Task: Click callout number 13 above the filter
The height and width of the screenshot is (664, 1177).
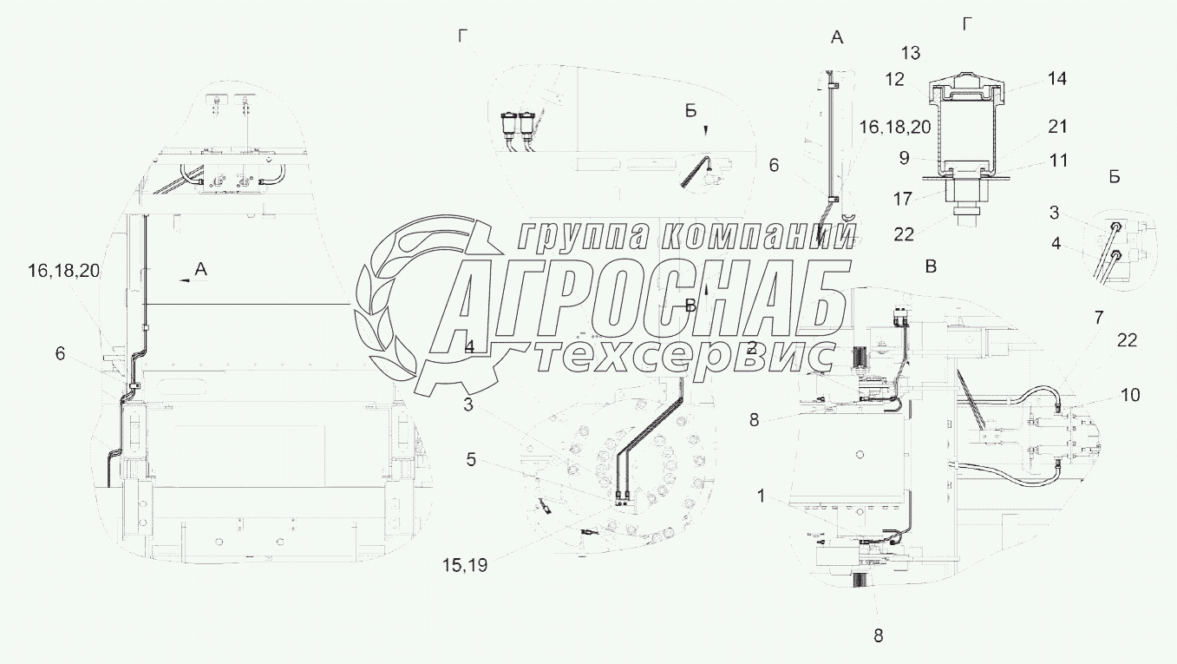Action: click(910, 53)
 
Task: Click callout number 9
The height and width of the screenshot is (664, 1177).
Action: click(903, 158)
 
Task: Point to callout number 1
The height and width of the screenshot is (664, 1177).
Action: click(761, 497)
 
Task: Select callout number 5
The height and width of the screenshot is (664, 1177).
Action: click(471, 459)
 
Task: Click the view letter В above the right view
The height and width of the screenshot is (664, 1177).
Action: click(931, 266)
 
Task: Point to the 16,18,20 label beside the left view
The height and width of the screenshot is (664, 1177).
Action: click(63, 271)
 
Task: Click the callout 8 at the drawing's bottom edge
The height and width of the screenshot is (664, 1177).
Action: click(878, 635)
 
